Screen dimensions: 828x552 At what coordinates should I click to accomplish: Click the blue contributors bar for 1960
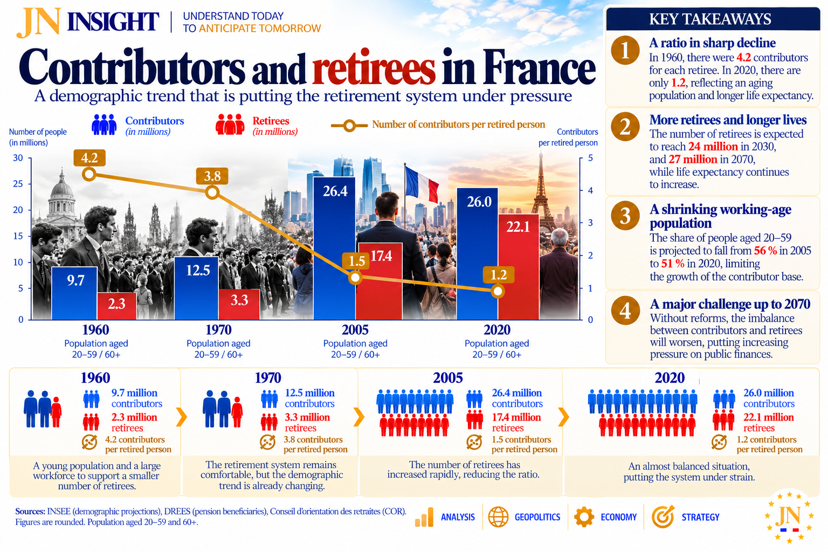[x=74, y=293]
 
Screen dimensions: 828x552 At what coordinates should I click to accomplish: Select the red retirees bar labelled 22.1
[x=518, y=267]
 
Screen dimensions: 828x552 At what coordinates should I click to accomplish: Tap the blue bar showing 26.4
[x=335, y=248]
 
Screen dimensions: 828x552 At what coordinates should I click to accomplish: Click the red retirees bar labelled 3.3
[x=239, y=304]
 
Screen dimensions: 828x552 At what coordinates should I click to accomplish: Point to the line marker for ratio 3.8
[x=212, y=192]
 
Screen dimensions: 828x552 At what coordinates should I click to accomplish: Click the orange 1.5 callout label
[x=357, y=261]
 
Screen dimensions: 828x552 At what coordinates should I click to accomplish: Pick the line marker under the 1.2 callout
[x=498, y=291]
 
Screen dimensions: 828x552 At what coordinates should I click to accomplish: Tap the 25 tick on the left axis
[x=18, y=184]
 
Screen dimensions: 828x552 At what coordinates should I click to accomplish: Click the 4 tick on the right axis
[x=590, y=190]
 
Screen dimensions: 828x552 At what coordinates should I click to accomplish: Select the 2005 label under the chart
[x=355, y=330]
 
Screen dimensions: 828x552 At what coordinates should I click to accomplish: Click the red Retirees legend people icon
[x=230, y=124]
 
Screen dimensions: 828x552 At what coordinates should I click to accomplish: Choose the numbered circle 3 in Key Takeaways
[x=625, y=216]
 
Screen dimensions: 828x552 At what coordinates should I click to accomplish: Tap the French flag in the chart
[x=422, y=184]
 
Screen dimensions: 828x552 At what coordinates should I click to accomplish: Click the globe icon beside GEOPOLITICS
[x=498, y=516]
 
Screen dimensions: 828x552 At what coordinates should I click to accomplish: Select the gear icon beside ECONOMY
[x=584, y=516]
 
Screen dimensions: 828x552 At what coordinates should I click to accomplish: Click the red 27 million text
[x=693, y=160]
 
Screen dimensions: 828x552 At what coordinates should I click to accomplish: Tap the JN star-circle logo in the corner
[x=789, y=517]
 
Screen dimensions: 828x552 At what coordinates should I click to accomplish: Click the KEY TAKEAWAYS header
[x=710, y=19]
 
